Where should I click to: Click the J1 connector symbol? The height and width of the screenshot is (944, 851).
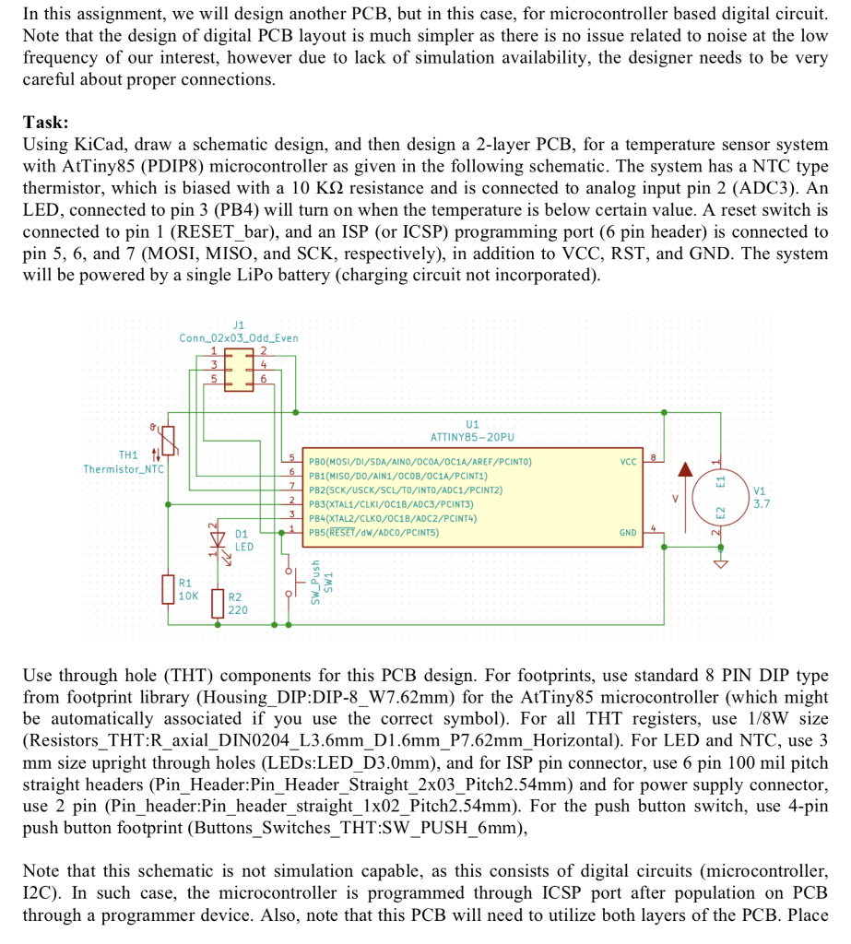[239, 368]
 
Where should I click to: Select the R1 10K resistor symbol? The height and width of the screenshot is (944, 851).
[168, 589]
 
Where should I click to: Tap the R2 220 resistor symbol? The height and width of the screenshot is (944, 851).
[218, 603]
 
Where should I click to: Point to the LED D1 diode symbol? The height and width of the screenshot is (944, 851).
[218, 540]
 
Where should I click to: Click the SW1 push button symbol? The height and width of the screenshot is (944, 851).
[297, 584]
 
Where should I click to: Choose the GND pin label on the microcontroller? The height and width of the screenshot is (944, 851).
[628, 533]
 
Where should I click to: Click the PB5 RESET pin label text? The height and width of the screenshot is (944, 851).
[373, 533]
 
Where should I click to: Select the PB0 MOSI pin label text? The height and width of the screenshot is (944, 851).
[420, 459]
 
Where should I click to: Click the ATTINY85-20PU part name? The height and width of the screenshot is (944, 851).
[472, 436]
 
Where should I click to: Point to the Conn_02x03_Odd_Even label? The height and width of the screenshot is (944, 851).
[239, 338]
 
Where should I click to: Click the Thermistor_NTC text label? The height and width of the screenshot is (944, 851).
[124, 469]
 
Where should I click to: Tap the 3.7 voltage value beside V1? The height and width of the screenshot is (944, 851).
[762, 504]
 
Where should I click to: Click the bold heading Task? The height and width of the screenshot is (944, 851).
[45, 123]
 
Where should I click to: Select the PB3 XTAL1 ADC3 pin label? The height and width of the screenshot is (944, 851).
[392, 504]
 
